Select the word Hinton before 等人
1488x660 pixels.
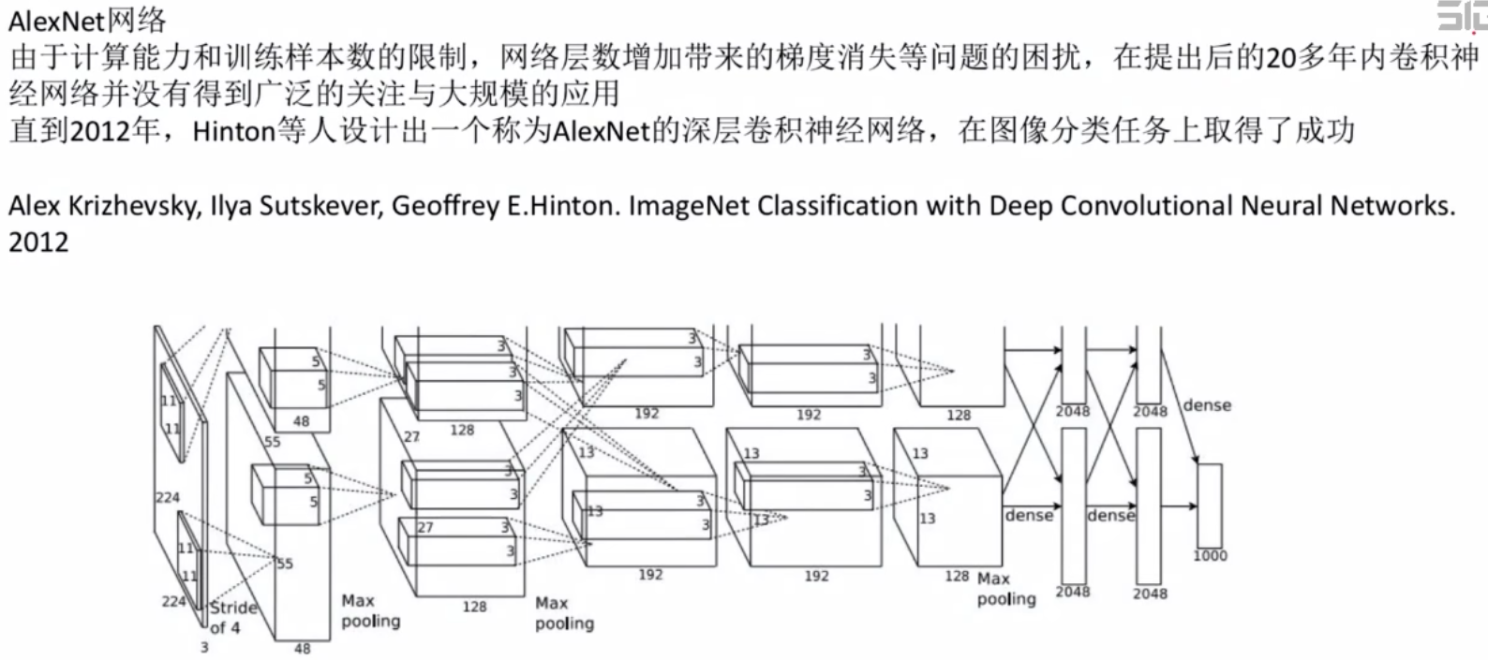tap(233, 131)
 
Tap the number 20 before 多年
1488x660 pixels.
tap(1280, 58)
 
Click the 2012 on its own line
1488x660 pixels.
tap(37, 242)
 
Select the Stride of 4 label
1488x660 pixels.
tap(231, 617)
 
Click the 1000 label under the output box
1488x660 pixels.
tap(1210, 555)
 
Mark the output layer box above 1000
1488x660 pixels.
tap(1210, 506)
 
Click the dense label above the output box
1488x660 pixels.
tap(1207, 405)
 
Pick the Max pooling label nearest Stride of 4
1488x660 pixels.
tap(370, 610)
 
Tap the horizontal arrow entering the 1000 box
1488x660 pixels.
tap(1179, 506)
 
